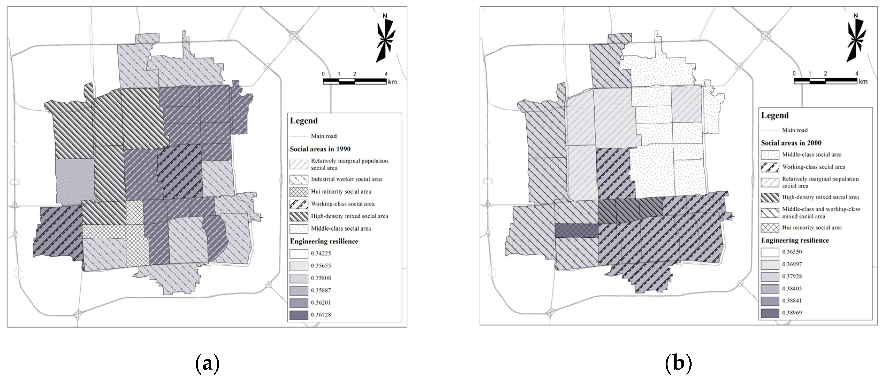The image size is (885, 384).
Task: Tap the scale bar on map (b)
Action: (x=825, y=81)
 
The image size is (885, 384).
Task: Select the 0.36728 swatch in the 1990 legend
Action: (x=299, y=315)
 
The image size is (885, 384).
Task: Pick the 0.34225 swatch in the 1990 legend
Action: (x=299, y=254)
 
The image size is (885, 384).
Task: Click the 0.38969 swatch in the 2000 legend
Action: (x=770, y=313)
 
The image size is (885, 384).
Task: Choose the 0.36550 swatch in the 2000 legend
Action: (x=770, y=252)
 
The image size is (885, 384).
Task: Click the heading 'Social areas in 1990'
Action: (x=320, y=149)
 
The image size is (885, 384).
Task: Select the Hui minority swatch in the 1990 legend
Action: (x=299, y=192)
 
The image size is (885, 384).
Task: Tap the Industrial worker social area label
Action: (x=346, y=179)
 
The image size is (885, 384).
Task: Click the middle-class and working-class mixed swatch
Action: (x=770, y=213)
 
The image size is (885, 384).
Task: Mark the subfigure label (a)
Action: (x=207, y=364)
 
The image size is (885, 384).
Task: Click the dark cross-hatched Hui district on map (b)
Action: (x=577, y=230)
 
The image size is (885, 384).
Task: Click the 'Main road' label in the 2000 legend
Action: (x=795, y=130)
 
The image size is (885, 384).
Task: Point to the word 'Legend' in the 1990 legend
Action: (x=303, y=121)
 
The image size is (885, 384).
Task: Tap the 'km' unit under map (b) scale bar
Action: (x=863, y=82)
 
